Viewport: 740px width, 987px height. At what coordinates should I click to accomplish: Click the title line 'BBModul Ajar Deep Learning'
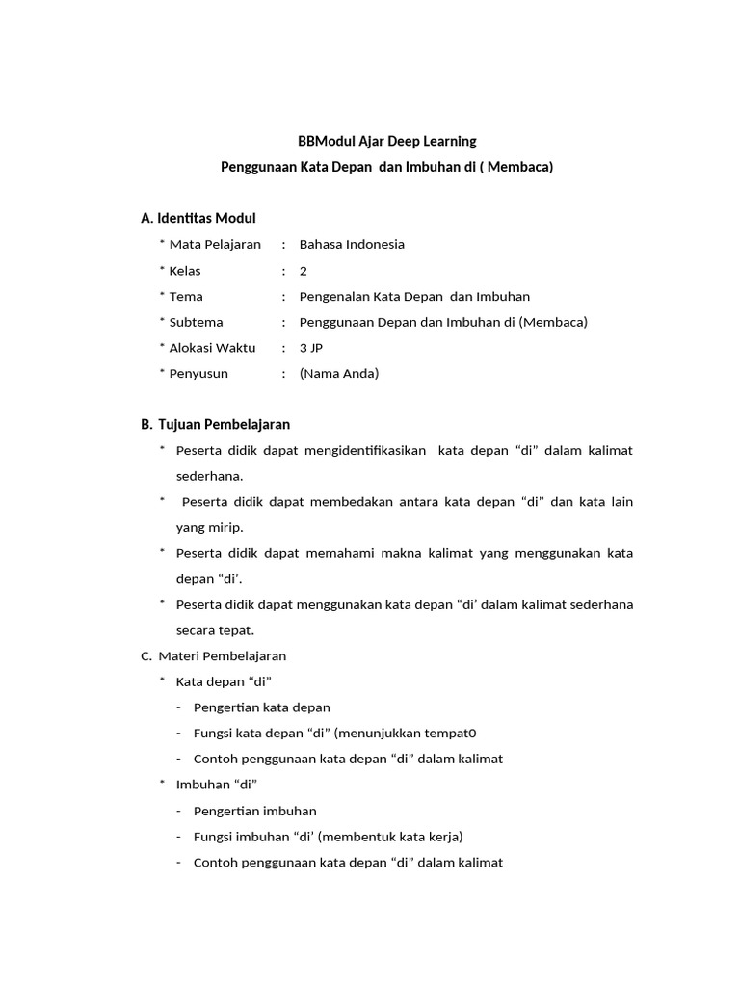387,141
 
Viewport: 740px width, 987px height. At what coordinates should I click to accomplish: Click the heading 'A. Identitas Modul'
198,218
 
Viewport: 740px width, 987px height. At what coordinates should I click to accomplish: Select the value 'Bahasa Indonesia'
352,244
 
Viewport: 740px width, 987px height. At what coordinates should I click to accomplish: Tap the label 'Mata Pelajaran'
214,244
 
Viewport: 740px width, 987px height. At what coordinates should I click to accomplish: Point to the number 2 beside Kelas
304,271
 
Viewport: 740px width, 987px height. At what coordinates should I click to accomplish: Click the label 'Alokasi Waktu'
212,348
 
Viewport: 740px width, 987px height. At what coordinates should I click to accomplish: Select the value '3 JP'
311,348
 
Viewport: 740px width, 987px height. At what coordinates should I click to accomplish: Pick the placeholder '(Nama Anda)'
339,374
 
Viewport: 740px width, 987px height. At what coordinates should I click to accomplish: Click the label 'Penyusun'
198,374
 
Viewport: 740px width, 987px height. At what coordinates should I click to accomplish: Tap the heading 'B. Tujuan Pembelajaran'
215,424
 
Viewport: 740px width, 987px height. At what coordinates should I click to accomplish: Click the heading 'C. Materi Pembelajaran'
213,655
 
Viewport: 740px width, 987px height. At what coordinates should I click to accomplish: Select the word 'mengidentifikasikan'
366,450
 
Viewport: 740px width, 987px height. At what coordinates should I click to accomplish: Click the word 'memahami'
342,553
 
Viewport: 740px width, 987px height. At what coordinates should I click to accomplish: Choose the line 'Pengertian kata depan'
261,707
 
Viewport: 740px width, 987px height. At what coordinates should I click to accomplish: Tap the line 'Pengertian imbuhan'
254,811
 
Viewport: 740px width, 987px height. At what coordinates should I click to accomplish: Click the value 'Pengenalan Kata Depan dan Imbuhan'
414,296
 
